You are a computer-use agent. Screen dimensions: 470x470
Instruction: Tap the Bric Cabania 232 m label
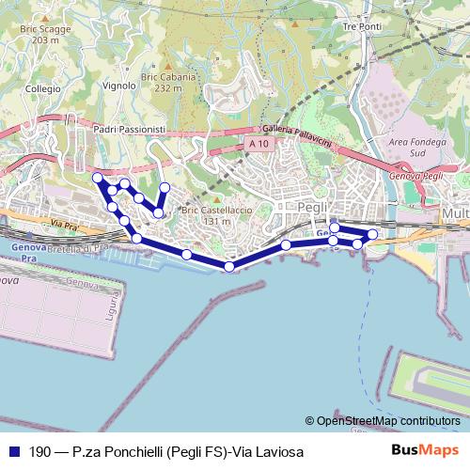pos(161,83)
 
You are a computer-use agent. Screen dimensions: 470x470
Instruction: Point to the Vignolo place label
pos(120,85)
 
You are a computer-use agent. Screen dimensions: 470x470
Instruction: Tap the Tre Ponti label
pos(362,26)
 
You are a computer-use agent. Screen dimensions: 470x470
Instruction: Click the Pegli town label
pos(309,207)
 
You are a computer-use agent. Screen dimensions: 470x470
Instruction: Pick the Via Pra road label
pos(64,226)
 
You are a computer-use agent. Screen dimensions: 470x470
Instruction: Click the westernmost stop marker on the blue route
pos(97,177)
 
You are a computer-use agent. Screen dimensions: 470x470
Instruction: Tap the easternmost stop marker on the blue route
pos(373,234)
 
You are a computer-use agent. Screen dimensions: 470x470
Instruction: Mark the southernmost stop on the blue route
pos(229,267)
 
